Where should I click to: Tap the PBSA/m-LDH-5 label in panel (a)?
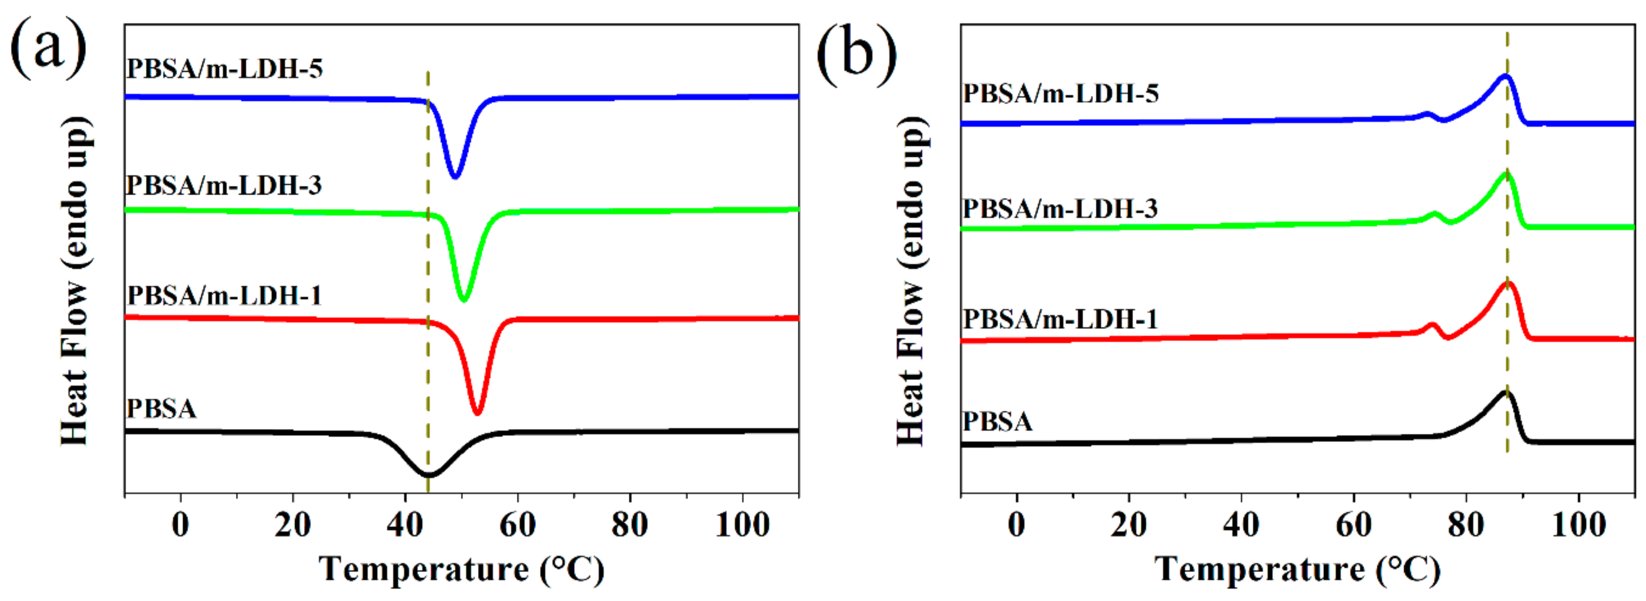(224, 69)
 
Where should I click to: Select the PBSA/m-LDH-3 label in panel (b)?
(1060, 209)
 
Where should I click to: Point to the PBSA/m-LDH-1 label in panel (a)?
(224, 296)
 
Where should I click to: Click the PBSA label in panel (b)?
(998, 421)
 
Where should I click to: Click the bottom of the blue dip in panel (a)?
(455, 176)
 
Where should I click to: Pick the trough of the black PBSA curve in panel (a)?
(429, 474)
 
